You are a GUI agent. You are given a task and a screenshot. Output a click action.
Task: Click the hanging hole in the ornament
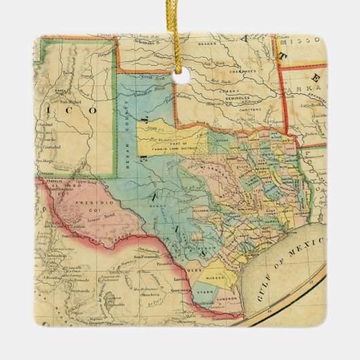(x=181, y=77)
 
